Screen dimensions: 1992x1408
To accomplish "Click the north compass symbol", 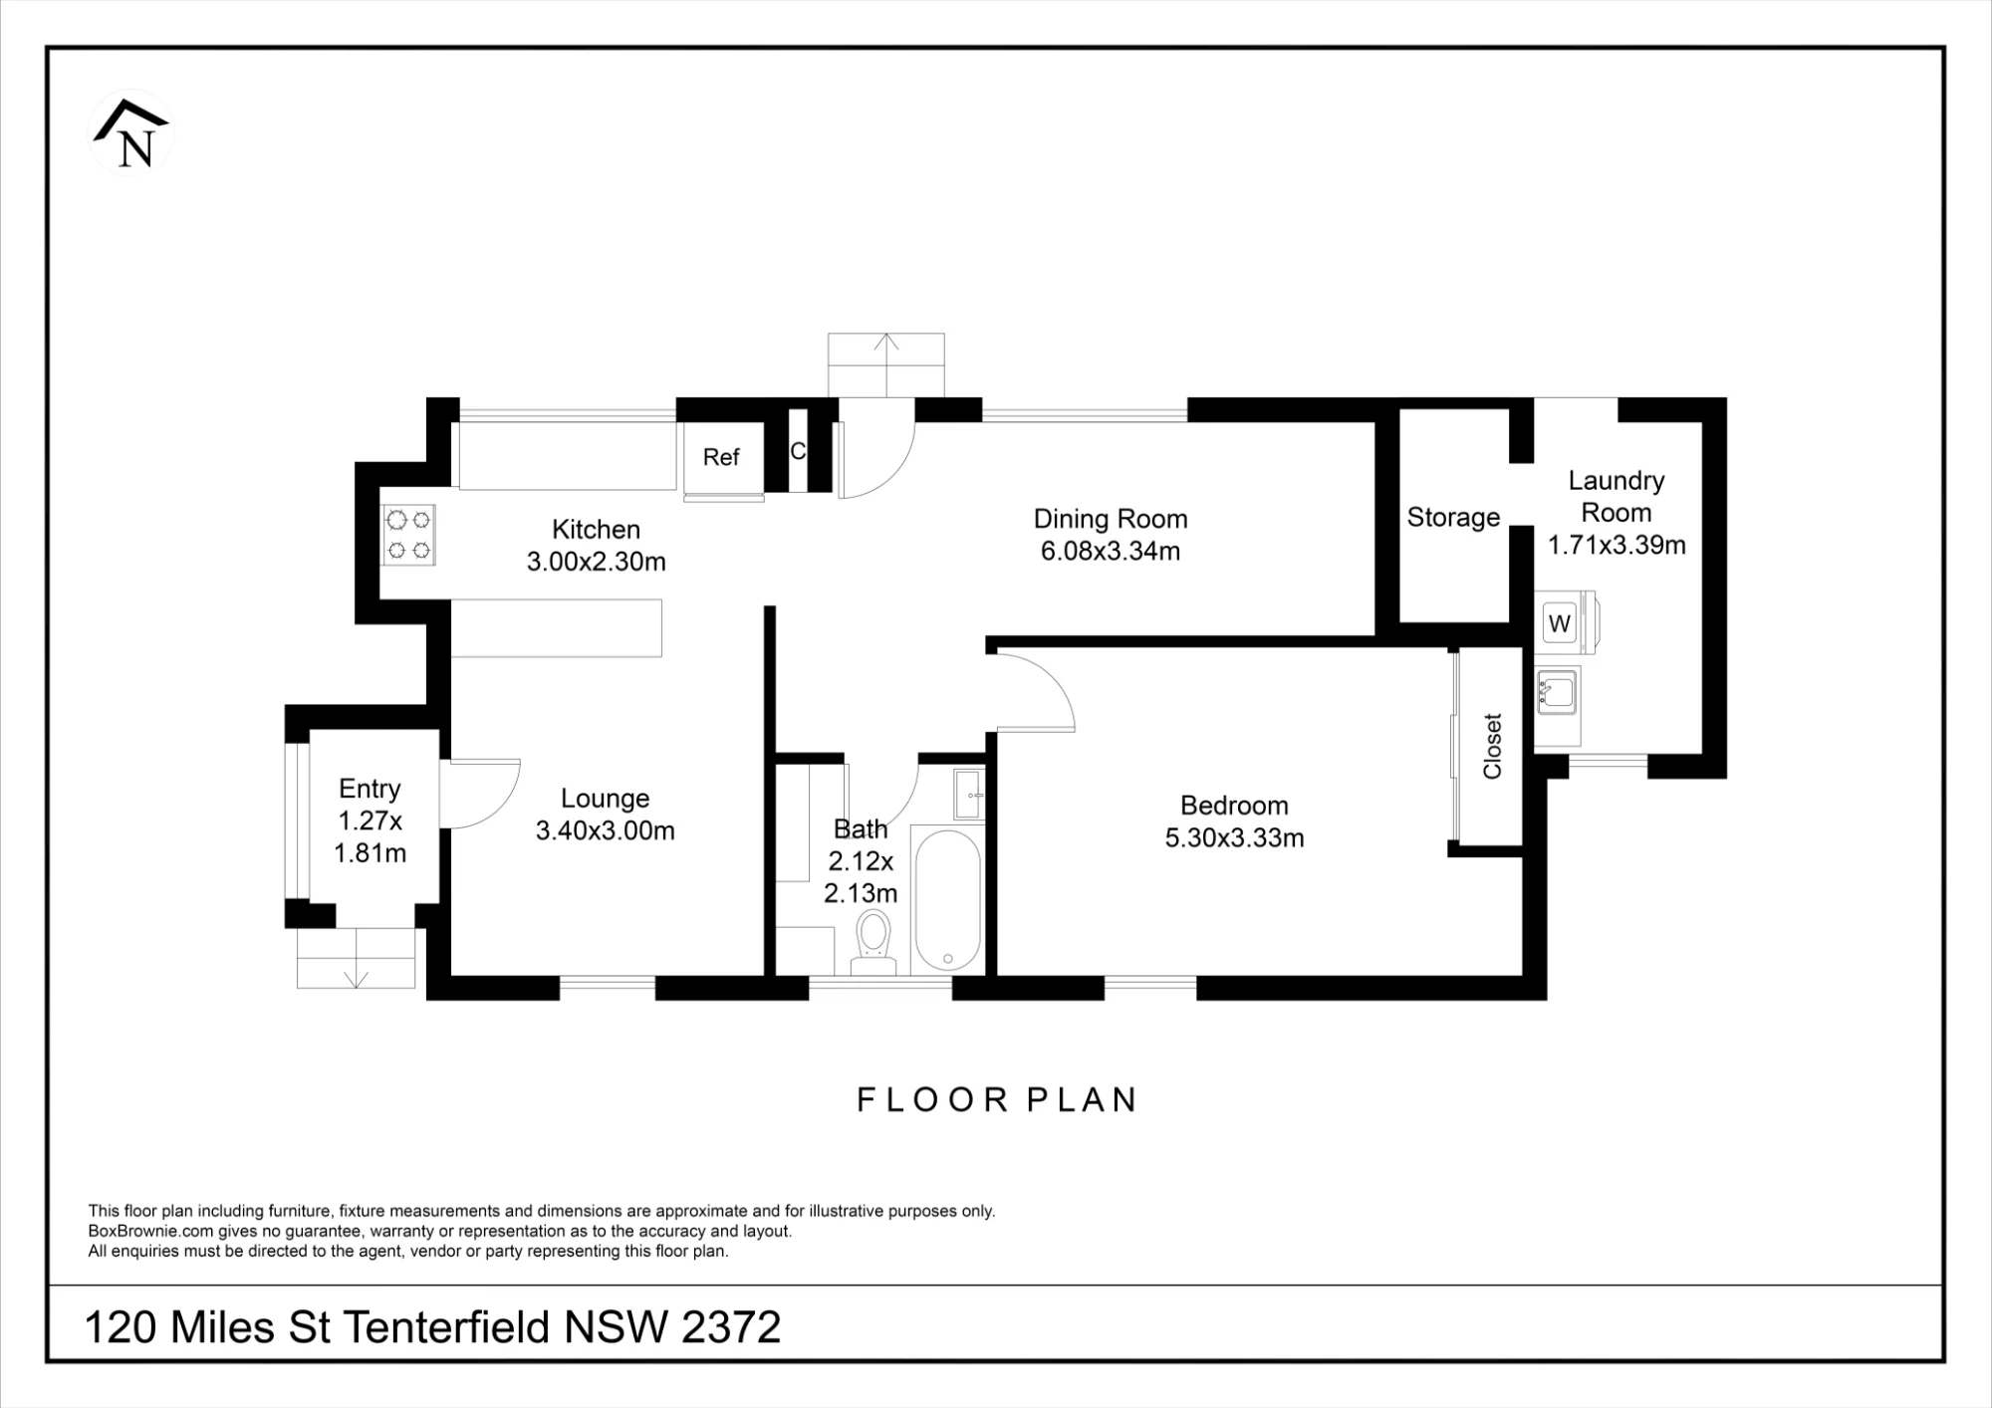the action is pos(131,133).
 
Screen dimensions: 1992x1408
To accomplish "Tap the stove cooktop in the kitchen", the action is pos(408,535).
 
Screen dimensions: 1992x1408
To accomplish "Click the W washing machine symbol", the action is pos(1560,623).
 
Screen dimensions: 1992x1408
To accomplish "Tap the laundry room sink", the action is pos(1556,691).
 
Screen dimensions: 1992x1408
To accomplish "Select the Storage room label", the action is pos(1453,517).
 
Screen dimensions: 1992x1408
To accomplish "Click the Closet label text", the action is pos(1492,746).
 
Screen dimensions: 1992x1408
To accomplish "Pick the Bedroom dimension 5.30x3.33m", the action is pos(1234,838).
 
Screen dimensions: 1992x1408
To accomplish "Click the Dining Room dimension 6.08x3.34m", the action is pos(1111,551).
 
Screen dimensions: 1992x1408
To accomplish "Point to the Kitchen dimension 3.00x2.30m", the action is pos(597,562).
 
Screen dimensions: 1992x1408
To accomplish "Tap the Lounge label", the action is pos(605,799).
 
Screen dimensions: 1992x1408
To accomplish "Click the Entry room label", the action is pos(370,789).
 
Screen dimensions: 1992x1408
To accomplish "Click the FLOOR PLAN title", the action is pos(997,1099).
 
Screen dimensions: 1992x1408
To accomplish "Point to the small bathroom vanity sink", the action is pos(968,794).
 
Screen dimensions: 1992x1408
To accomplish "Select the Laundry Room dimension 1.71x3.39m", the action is pos(1617,545).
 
